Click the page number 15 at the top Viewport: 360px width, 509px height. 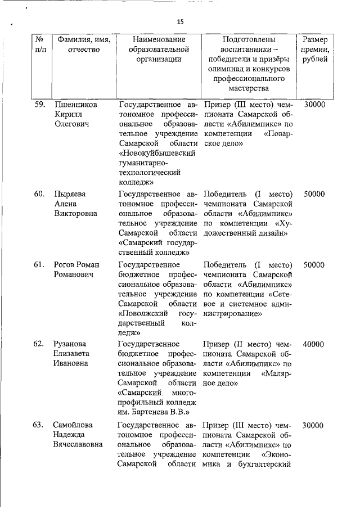pyautogui.click(x=180, y=21)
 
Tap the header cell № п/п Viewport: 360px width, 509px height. pyautogui.click(x=39, y=45)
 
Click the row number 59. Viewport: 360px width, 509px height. pyautogui.click(x=39, y=105)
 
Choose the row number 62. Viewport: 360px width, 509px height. pyautogui.click(x=39, y=344)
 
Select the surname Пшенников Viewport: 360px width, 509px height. pyautogui.click(x=75, y=105)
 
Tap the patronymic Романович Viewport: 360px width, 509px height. pyautogui.click(x=74, y=275)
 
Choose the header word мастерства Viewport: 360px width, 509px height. pyautogui.click(x=249, y=88)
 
